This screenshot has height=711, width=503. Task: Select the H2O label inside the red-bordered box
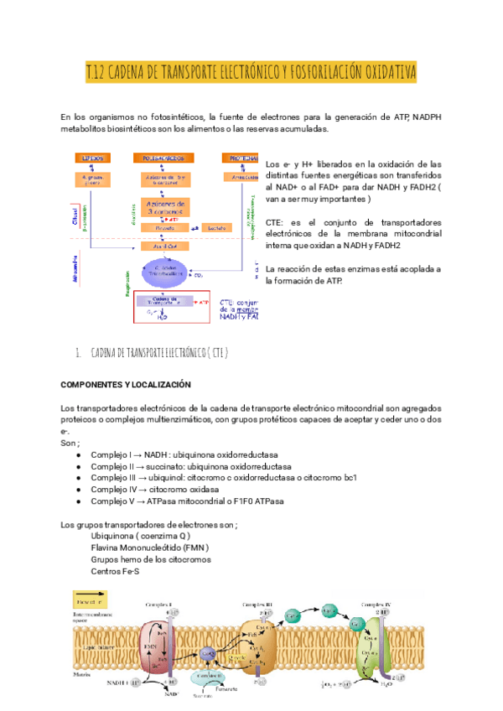pyautogui.click(x=160, y=317)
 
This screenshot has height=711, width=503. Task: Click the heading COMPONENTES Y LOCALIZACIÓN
pyautogui.click(x=127, y=384)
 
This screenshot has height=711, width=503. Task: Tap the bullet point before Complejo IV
pyautogui.click(x=78, y=489)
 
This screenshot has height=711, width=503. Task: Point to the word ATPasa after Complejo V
pyautogui.click(x=165, y=501)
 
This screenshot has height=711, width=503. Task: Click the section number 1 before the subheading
pyautogui.click(x=77, y=352)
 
